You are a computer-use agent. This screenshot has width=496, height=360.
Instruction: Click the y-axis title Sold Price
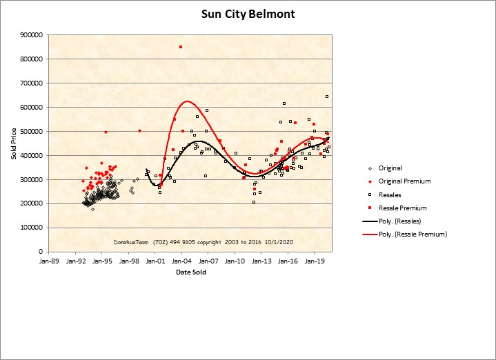pos(13,143)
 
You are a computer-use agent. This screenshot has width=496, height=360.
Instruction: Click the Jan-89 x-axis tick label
pos(50,261)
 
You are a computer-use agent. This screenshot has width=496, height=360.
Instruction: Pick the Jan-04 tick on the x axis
pos(182,261)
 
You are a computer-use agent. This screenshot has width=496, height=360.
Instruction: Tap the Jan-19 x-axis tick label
pos(315,261)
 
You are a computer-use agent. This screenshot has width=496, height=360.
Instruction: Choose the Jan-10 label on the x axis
pos(235,261)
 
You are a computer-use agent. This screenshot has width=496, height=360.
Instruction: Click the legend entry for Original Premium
pos(405,181)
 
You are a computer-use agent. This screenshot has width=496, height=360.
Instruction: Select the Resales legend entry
pos(391,194)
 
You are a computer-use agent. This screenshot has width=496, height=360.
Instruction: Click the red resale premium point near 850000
pos(181,47)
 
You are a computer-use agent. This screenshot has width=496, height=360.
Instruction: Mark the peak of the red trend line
pos(187,101)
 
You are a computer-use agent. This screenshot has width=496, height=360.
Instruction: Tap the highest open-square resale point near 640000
pos(327,97)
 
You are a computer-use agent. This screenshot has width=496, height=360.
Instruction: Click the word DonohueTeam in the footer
pos(132,243)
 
